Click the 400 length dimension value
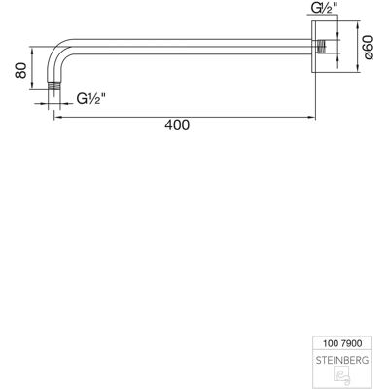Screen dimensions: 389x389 [177, 125]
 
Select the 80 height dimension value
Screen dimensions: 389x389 [21, 70]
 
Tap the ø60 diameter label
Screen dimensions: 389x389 [370, 48]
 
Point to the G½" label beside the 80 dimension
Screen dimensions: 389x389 [91, 98]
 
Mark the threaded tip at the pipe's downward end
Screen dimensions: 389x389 [54, 87]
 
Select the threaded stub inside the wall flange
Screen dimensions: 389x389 [321, 47]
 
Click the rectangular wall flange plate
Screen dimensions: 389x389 [314, 47]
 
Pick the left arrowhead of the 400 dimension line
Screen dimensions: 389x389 [57, 118]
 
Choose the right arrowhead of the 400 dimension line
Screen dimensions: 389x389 [312, 118]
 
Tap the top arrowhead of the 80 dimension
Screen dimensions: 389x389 [32, 51]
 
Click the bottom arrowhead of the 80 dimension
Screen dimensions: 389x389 [32, 86]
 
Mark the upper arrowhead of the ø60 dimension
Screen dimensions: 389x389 [357, 25]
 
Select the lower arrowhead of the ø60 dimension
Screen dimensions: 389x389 [357, 68]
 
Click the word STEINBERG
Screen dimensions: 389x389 [342, 360]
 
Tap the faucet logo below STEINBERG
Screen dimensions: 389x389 [341, 375]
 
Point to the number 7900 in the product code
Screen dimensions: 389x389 [351, 343]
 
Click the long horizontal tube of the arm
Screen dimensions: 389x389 [193, 47]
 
